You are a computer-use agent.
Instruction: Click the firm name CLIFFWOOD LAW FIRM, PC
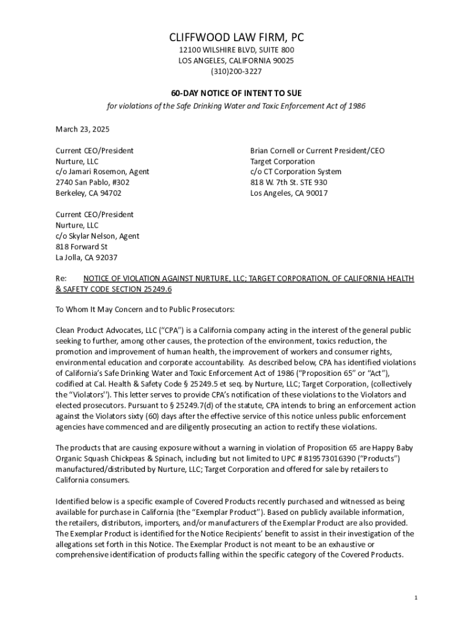coord(237,39)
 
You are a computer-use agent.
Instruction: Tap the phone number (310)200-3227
coord(237,71)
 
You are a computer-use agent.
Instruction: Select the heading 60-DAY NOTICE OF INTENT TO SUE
coord(237,93)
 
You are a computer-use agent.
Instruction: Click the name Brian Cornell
coord(272,151)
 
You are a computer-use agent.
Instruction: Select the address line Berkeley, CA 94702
coord(88,193)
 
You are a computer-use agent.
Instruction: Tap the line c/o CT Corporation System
coord(295,172)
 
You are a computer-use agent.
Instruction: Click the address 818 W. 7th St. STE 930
coord(288,183)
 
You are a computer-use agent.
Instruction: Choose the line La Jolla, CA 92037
coord(87,258)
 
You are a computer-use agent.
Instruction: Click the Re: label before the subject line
coord(61,279)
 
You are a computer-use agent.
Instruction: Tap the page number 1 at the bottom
coord(416,598)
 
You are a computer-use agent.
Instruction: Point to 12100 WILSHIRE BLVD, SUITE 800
coord(237,50)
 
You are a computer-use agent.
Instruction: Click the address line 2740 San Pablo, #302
coord(93,183)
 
